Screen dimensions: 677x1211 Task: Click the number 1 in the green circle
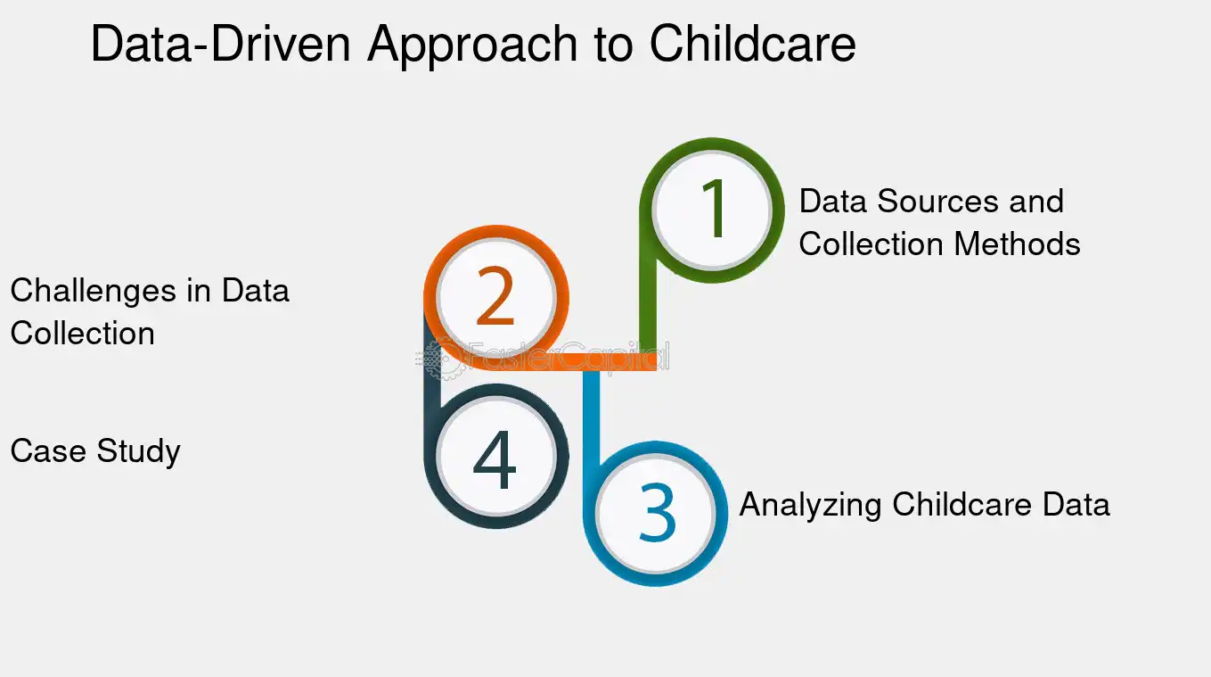pyautogui.click(x=713, y=210)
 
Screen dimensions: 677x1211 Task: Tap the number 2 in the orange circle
pyautogui.click(x=495, y=298)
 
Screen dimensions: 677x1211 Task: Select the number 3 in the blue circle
pyautogui.click(x=657, y=513)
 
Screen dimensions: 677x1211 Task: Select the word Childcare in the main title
pyautogui.click(x=752, y=45)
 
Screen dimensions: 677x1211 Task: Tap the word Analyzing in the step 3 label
pyautogui.click(x=811, y=505)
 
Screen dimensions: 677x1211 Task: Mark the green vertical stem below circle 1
pyautogui.click(x=649, y=312)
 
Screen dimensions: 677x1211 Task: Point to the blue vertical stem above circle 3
pyautogui.click(x=592, y=410)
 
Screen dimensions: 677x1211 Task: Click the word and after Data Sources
pyautogui.click(x=1036, y=202)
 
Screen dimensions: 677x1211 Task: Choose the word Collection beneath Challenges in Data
pyautogui.click(x=82, y=334)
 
